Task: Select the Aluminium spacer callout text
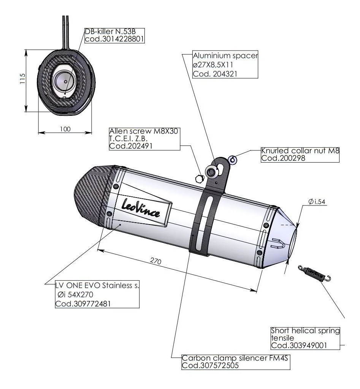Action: point(225,65)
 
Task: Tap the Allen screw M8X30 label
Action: point(144,139)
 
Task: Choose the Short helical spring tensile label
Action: point(305,338)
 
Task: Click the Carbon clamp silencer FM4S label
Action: point(236,361)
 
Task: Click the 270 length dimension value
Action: point(156,262)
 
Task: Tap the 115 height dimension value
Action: point(22,79)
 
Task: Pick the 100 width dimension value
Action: point(65,129)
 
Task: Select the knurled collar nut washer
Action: point(233,160)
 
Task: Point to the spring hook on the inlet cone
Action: point(279,243)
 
